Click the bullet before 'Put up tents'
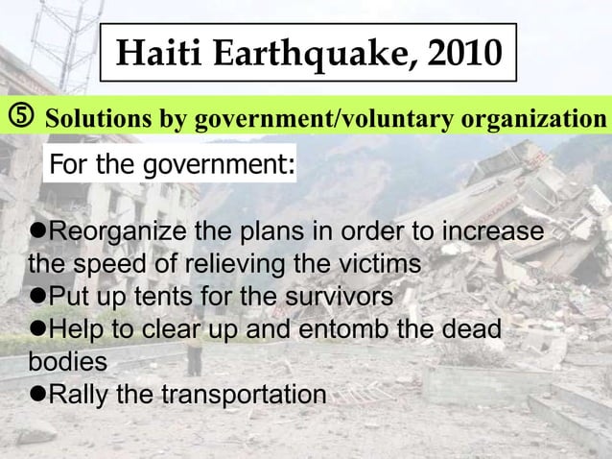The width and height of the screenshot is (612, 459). click(37, 294)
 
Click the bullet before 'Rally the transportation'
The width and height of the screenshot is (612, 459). click(37, 396)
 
